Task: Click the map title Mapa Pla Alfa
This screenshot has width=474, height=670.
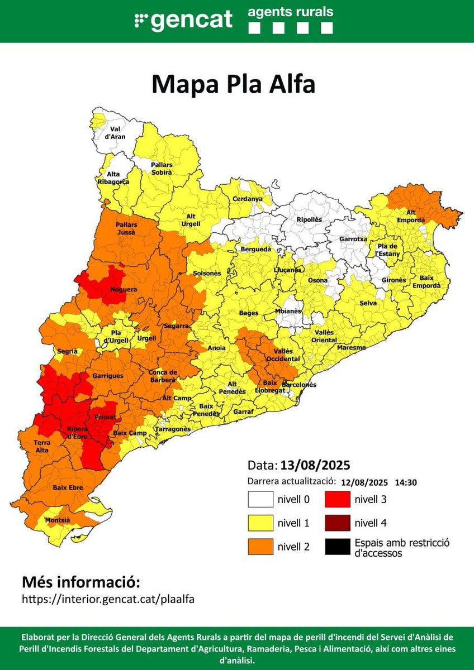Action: [x=234, y=84]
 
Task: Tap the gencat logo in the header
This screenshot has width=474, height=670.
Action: [x=183, y=20]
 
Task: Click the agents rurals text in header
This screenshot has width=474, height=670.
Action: [x=291, y=12]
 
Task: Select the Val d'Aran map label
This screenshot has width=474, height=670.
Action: [x=117, y=133]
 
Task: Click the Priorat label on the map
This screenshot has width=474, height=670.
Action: [x=106, y=416]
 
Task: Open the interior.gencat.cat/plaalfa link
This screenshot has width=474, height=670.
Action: [x=108, y=599]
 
